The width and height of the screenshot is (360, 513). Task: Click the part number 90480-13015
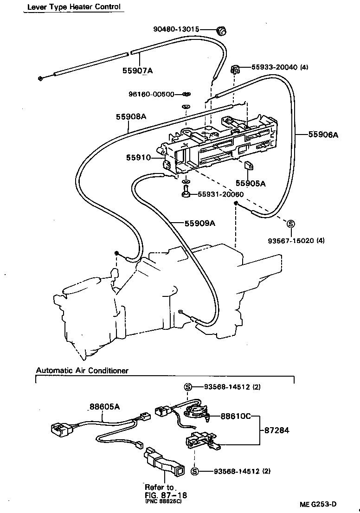(x=176, y=29)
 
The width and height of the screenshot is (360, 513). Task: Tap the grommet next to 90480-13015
(x=222, y=31)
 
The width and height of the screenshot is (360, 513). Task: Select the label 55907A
(x=137, y=71)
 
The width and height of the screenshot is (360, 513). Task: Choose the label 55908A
(x=131, y=117)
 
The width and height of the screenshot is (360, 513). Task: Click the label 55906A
(x=323, y=135)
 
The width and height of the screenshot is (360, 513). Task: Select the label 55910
(x=138, y=158)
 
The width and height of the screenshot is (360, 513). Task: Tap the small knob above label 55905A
(x=248, y=166)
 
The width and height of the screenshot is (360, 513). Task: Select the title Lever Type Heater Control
(x=74, y=6)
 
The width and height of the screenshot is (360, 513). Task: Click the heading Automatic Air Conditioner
(x=82, y=371)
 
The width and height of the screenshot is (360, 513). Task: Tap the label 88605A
(x=104, y=407)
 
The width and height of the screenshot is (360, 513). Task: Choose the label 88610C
(x=235, y=416)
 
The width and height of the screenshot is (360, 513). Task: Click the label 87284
(x=276, y=430)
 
